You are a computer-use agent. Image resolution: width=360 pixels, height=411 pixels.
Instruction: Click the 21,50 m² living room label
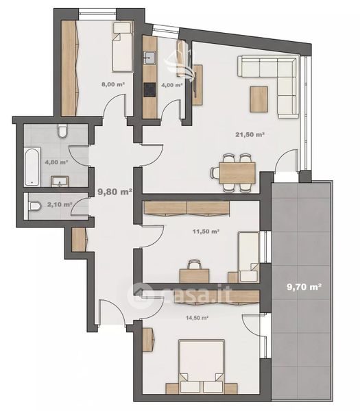click(x=250, y=134)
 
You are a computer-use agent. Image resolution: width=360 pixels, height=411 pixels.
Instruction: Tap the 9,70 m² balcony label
click(x=304, y=287)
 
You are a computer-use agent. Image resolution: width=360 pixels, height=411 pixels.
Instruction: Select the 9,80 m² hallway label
click(x=115, y=192)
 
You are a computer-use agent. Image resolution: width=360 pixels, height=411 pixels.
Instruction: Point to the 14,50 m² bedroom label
click(x=197, y=318)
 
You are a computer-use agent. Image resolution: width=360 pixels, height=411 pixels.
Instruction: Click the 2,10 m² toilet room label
click(x=60, y=204)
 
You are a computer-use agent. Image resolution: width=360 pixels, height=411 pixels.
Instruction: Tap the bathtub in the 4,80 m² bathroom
click(x=32, y=166)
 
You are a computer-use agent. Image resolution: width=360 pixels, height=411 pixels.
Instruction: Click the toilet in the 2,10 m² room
click(x=35, y=206)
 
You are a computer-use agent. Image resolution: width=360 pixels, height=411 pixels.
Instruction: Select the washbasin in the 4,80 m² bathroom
click(x=60, y=182)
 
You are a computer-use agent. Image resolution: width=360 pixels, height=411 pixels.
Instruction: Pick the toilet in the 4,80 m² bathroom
click(x=62, y=131)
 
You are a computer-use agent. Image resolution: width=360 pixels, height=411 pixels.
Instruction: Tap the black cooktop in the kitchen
click(x=149, y=90)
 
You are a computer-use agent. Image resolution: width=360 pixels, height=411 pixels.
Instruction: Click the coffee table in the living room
click(x=259, y=99)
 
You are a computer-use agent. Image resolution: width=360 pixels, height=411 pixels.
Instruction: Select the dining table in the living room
click(x=237, y=173)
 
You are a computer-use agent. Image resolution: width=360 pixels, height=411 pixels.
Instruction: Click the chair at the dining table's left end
click(x=215, y=173)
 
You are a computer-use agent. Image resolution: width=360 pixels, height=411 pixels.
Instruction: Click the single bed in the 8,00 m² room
click(x=122, y=47)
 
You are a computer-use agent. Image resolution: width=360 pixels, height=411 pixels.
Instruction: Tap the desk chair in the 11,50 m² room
click(x=195, y=264)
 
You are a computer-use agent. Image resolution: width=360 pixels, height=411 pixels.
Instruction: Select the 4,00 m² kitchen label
click(x=171, y=85)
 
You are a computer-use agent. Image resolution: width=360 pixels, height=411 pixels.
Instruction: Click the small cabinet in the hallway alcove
click(x=79, y=240)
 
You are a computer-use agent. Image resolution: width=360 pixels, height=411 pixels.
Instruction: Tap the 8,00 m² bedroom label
click(x=113, y=84)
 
